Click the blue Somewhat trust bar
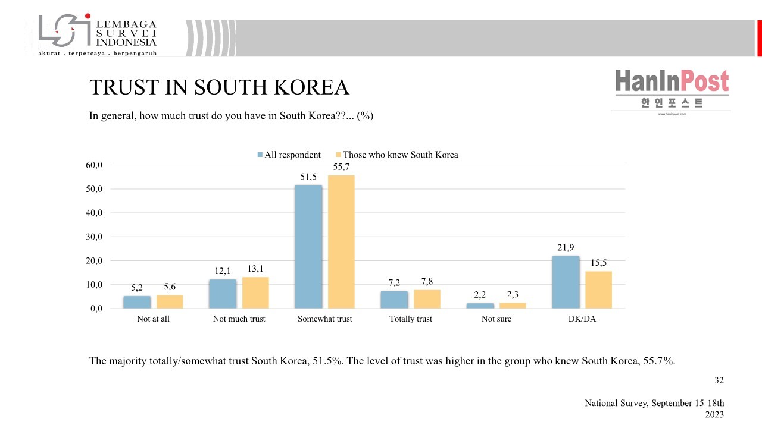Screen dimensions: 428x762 (308, 247)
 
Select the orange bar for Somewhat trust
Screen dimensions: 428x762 (341, 242)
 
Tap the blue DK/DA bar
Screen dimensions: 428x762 (566, 282)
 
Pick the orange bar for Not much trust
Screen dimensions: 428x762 (255, 293)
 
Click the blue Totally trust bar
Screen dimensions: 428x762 (394, 300)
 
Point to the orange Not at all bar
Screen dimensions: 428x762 (170, 302)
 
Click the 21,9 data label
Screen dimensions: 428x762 (566, 247)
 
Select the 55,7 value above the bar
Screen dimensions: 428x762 (341, 166)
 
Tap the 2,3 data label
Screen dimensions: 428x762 (513, 294)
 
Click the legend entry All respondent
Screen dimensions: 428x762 (289, 155)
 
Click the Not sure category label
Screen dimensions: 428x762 (496, 319)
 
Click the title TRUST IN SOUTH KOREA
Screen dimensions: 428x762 (219, 87)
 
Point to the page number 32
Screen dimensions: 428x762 (719, 380)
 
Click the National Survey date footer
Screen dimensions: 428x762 (654, 408)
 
